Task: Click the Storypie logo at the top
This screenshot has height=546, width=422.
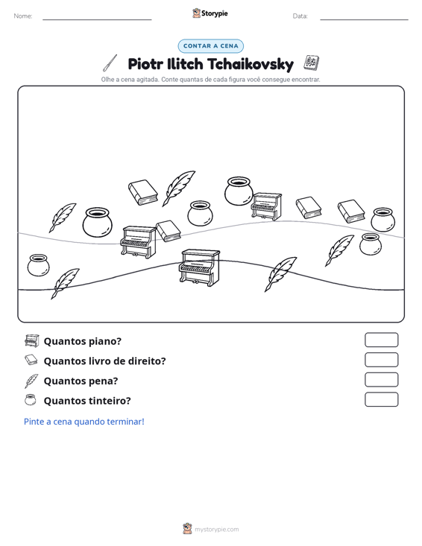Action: click(x=210, y=13)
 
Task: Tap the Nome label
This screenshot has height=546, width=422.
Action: click(x=23, y=16)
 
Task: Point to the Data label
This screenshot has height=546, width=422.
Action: click(x=300, y=16)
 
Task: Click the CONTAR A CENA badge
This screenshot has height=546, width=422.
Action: click(x=210, y=46)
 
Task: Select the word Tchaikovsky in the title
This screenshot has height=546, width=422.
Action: click(x=251, y=64)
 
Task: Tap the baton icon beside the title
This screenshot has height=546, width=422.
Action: click(x=110, y=63)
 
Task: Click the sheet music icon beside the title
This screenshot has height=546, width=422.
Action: click(x=311, y=63)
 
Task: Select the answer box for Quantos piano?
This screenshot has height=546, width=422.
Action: click(x=381, y=340)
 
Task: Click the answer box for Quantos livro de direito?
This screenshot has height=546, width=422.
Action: click(x=381, y=360)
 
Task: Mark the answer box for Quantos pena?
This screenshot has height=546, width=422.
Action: click(x=381, y=380)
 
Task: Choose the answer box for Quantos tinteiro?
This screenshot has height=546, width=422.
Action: click(x=381, y=399)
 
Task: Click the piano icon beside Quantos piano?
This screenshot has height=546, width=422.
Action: click(x=32, y=340)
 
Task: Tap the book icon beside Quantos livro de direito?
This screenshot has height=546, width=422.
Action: click(x=31, y=360)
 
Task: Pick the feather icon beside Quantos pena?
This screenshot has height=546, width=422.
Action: click(x=31, y=381)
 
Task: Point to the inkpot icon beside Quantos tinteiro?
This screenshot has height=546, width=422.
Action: click(x=31, y=400)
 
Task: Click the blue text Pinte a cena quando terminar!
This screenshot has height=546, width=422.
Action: click(x=84, y=422)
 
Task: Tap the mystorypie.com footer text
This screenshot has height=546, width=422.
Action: click(x=216, y=530)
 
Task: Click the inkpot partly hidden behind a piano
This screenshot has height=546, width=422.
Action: click(x=238, y=191)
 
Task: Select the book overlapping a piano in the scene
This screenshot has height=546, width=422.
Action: click(x=168, y=230)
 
